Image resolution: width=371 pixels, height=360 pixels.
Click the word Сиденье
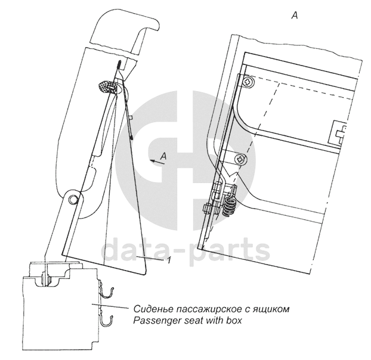[151, 309]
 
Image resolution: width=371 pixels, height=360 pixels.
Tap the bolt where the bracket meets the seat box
[48, 276]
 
